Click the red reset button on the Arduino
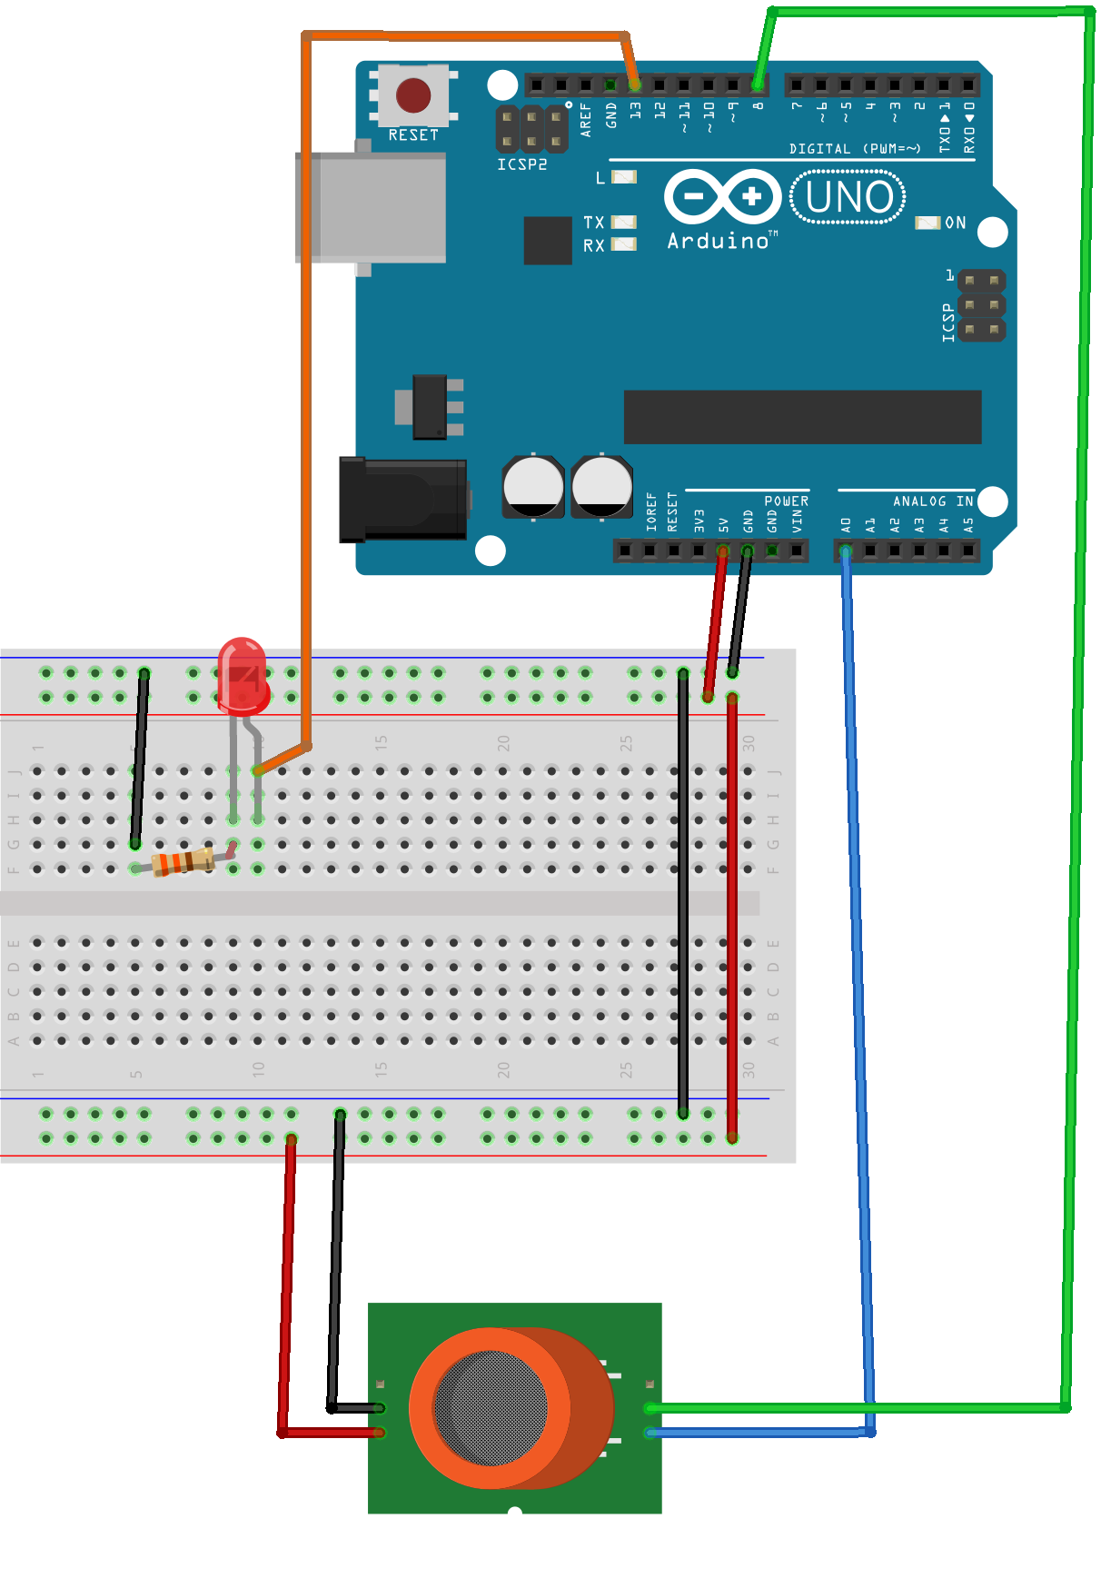(413, 94)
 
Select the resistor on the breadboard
(184, 860)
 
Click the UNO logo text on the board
(848, 197)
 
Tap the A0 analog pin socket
(846, 551)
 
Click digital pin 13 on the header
(635, 85)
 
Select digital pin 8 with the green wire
(758, 85)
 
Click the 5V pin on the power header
(722, 551)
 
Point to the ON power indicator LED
(927, 223)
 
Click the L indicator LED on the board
(624, 177)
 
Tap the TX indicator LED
(624, 222)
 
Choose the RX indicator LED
(624, 244)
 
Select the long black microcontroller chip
(802, 417)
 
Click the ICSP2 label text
(522, 164)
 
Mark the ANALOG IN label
(932, 501)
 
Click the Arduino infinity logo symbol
(723, 196)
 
